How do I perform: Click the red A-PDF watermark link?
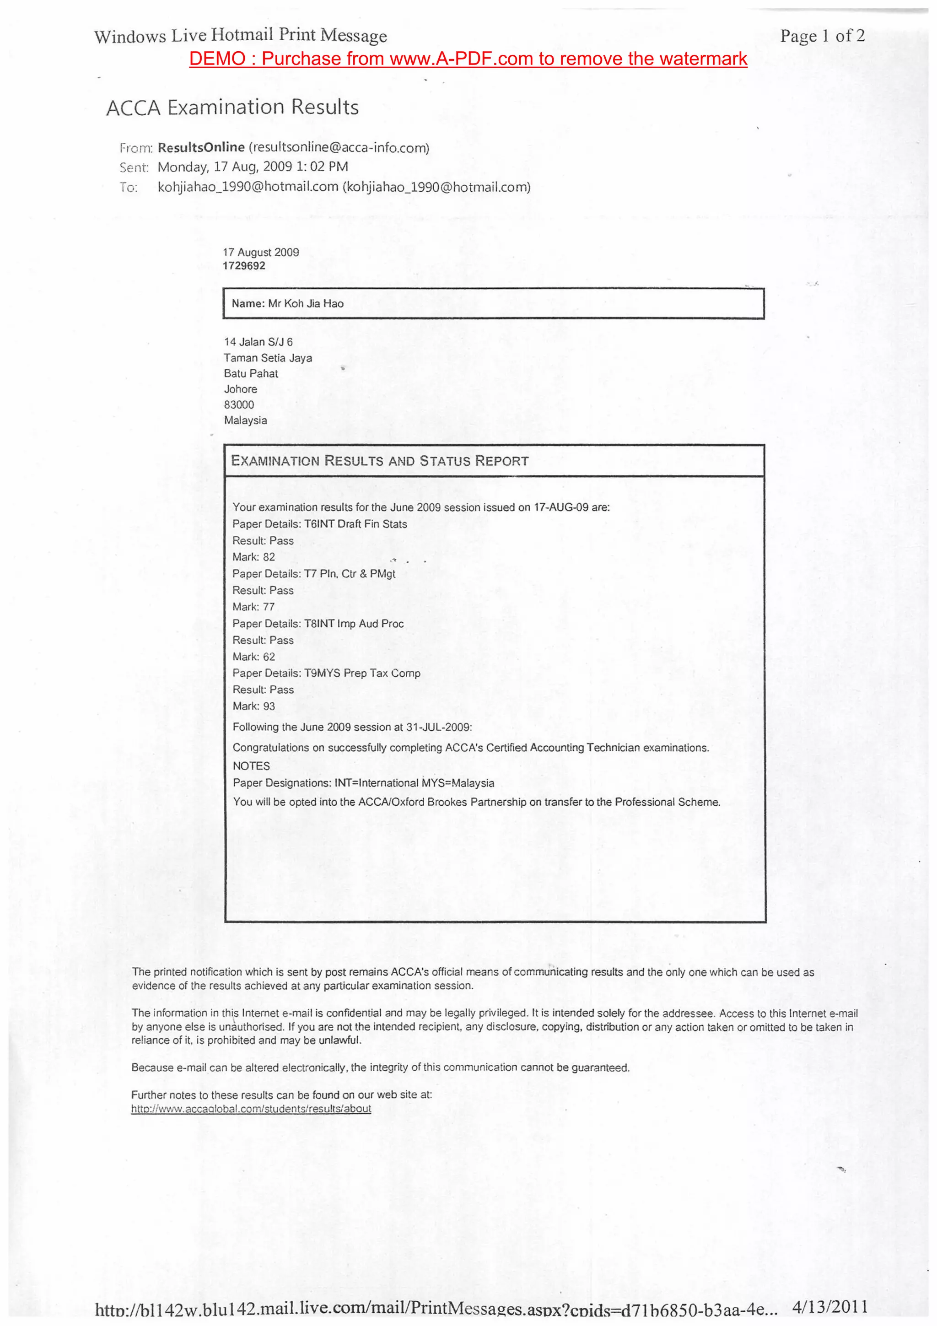(468, 59)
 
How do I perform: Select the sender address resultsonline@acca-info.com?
(339, 148)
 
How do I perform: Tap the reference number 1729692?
(244, 266)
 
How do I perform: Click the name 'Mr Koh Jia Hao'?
(306, 304)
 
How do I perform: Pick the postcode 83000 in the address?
(238, 405)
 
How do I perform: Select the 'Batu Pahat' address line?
(251, 374)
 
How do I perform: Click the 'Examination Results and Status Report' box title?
(379, 461)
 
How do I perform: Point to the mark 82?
(269, 557)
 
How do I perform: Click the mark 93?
(269, 706)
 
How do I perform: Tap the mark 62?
(269, 657)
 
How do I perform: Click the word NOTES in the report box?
(251, 766)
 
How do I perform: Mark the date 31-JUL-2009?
(439, 728)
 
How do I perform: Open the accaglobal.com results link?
(251, 1109)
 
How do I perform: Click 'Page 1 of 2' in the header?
(822, 37)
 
